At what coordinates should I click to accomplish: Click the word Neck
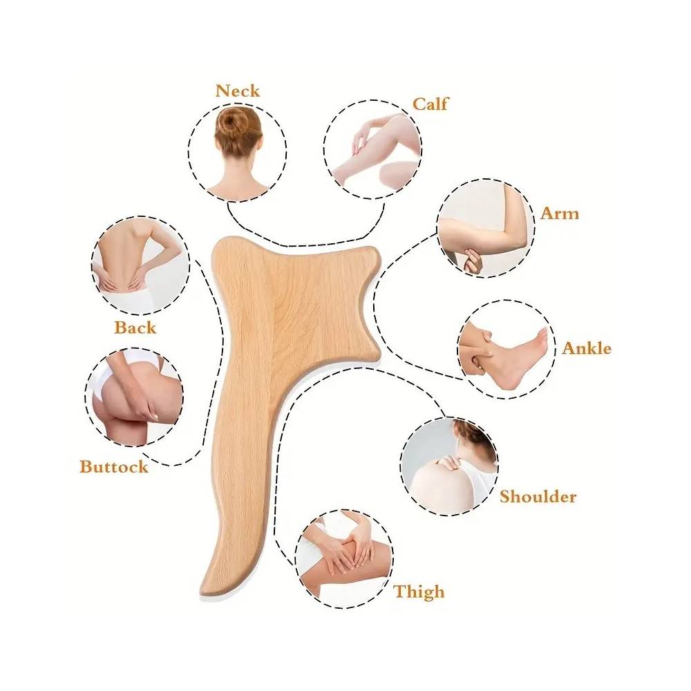click(x=237, y=91)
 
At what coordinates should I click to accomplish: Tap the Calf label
click(x=430, y=104)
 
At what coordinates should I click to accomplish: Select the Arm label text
click(x=559, y=213)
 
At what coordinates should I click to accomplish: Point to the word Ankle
click(x=586, y=348)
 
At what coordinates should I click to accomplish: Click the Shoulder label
click(x=538, y=496)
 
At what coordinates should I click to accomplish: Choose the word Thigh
click(x=419, y=591)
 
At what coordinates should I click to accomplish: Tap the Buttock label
click(x=114, y=466)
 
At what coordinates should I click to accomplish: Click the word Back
click(x=135, y=327)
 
